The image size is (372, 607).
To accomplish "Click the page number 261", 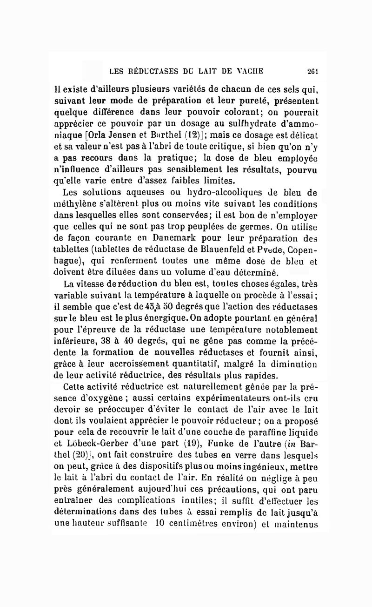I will [312, 71].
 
